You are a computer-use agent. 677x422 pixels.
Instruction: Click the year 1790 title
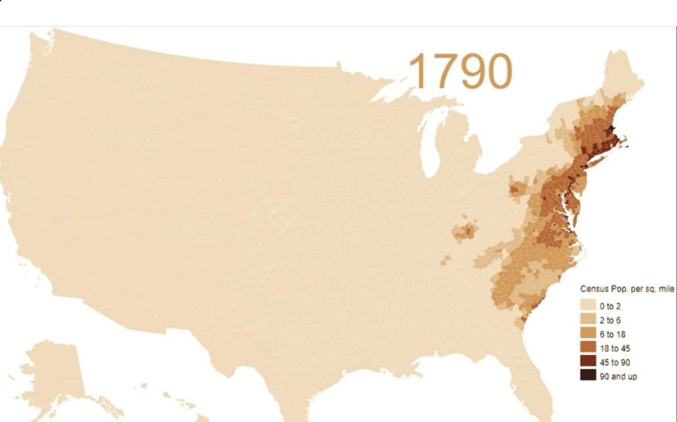pos(460,70)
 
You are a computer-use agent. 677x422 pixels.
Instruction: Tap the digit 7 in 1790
pos(441,71)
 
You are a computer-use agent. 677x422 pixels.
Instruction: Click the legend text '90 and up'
pos(618,377)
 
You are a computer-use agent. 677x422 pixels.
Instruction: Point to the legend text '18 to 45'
pos(615,348)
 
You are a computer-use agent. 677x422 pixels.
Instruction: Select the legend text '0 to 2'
pos(611,306)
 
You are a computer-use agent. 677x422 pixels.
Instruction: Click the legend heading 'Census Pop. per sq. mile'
pos(628,289)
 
